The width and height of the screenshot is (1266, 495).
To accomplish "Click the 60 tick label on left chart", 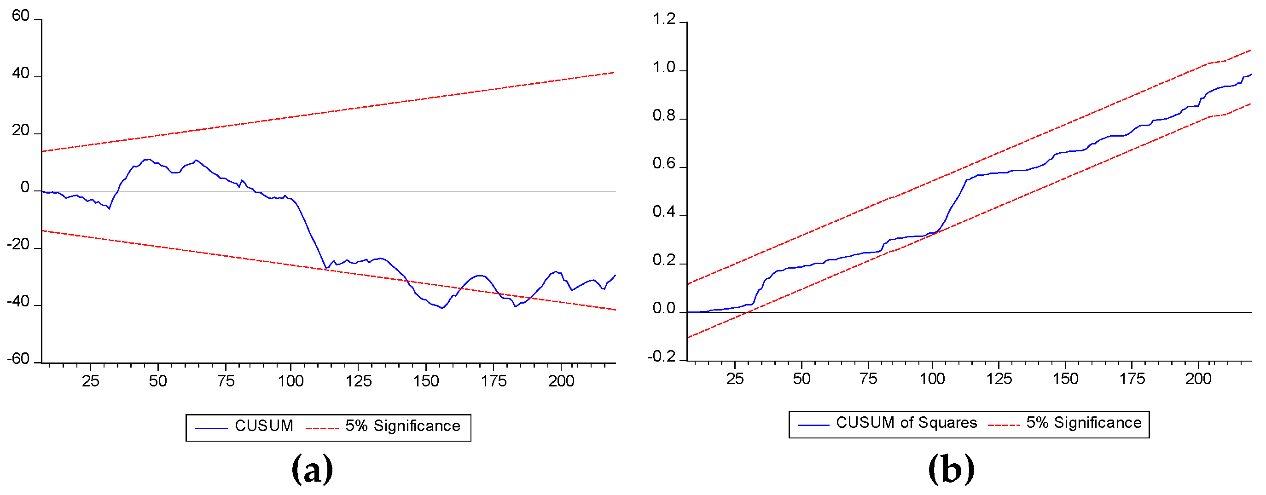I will click(x=21, y=16).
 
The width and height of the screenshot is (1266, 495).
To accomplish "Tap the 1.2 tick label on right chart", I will click(x=664, y=20).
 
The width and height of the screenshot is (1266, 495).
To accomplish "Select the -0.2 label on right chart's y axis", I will click(x=662, y=357).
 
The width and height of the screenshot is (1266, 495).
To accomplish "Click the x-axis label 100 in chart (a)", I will click(x=290, y=381).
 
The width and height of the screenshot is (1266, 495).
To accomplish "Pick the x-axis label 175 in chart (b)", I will click(x=1132, y=379).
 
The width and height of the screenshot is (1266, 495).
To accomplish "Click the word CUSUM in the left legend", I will click(x=264, y=426).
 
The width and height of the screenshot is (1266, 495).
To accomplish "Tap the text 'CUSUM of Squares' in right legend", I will click(x=906, y=423).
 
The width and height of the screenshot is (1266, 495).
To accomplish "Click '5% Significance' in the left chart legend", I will click(x=402, y=426).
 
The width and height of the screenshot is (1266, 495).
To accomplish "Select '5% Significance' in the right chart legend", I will click(x=1084, y=423).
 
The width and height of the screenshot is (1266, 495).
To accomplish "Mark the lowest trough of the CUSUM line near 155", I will click(x=442, y=308).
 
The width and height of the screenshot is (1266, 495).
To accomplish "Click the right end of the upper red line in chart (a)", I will click(x=614, y=73).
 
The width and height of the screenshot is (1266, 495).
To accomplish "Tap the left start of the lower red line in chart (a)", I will click(x=43, y=230).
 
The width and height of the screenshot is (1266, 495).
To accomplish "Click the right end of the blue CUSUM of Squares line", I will click(x=1251, y=74).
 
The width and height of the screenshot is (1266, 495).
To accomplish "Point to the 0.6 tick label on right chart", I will click(x=664, y=164).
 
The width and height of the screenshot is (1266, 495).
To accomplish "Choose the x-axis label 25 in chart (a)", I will click(x=90, y=381).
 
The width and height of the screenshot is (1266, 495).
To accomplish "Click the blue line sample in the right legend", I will click(x=813, y=424).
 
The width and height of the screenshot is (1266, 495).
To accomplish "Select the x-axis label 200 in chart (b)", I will click(x=1198, y=379).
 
